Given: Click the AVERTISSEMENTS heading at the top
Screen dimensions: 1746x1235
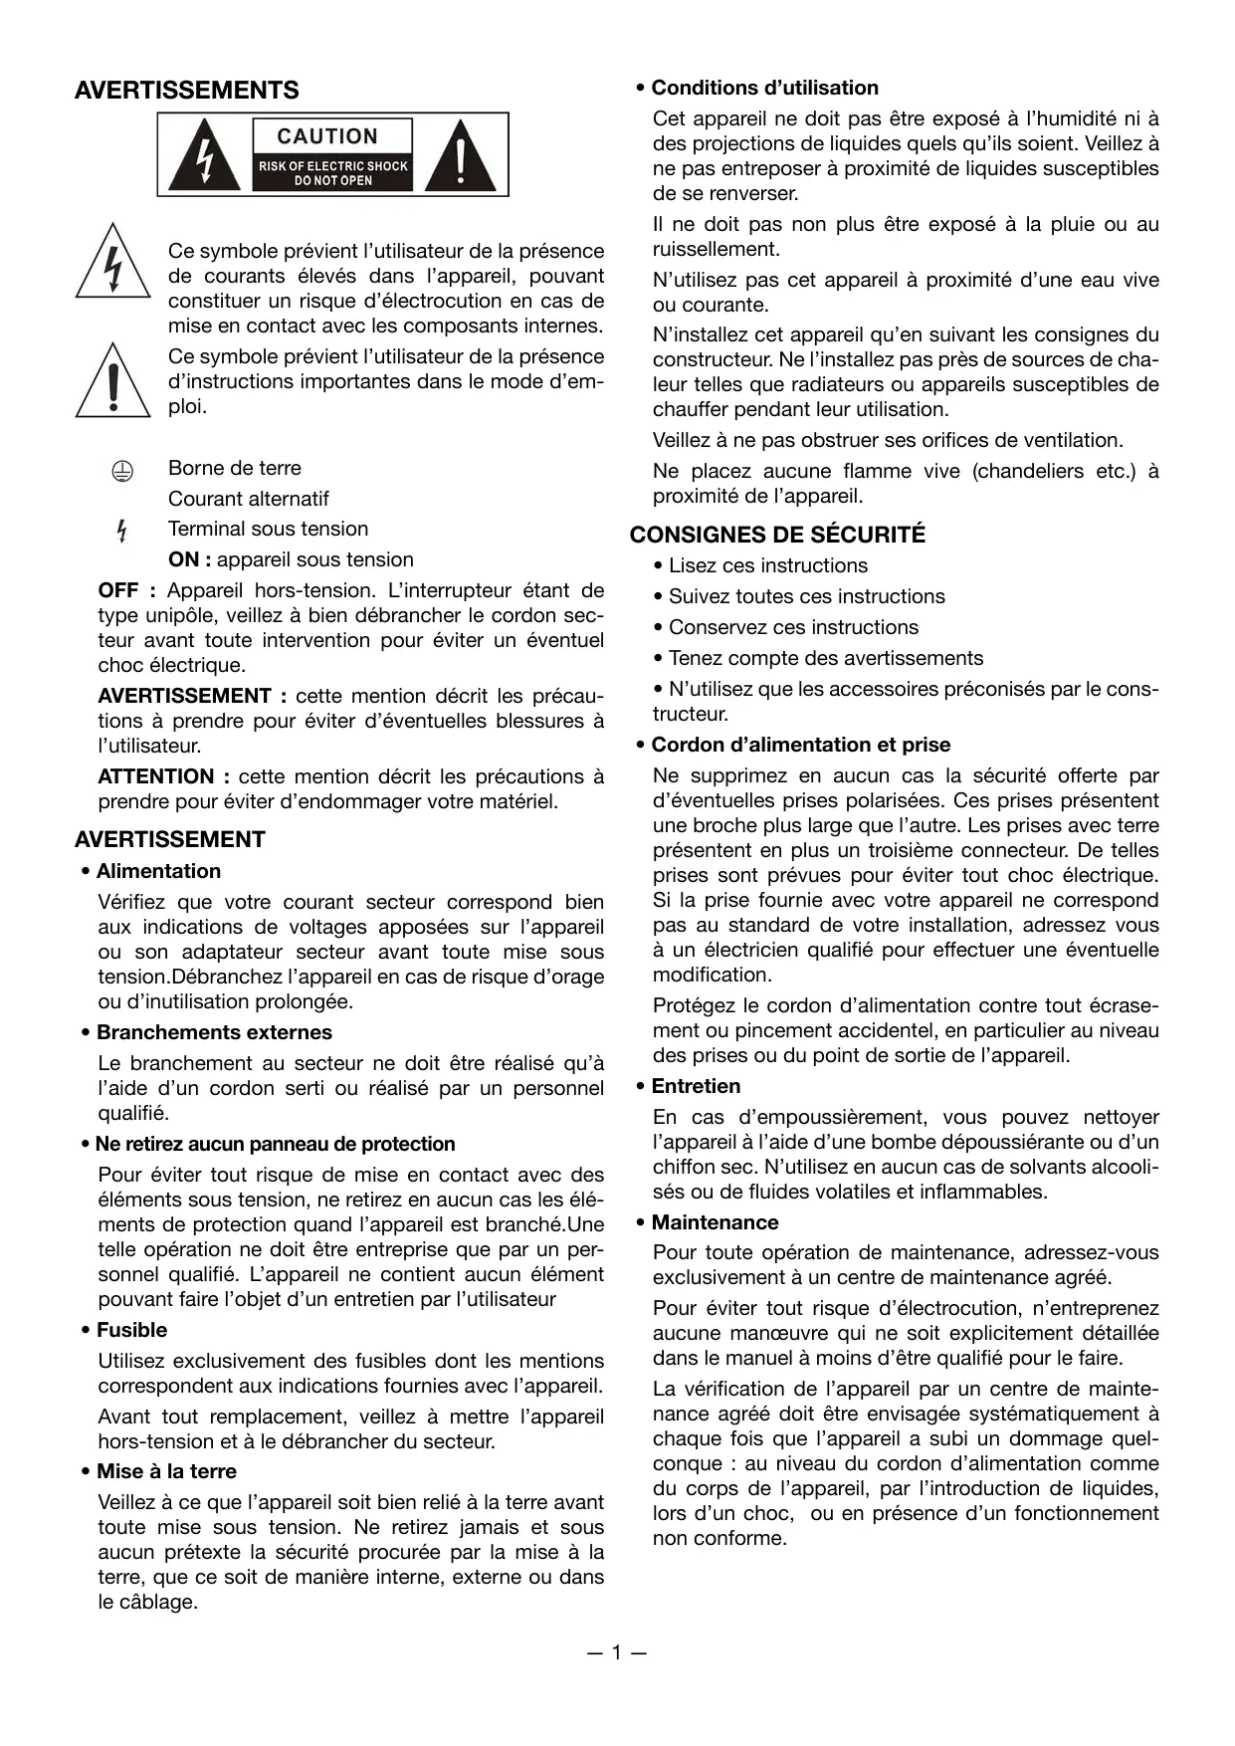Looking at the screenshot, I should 186,91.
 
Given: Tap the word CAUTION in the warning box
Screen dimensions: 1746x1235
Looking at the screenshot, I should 327,136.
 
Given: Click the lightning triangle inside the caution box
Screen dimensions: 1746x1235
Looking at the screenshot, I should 204,156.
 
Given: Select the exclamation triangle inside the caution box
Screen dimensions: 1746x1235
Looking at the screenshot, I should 460,156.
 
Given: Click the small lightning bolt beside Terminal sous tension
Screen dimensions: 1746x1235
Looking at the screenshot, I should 121,531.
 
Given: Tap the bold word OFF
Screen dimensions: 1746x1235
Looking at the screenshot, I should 118,590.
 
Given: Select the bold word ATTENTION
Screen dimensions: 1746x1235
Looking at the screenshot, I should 155,776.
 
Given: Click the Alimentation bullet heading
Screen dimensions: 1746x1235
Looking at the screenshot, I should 158,871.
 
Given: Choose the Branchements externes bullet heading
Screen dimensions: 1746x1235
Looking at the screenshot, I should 214,1032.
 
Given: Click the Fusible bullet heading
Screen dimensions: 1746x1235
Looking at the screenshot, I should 131,1330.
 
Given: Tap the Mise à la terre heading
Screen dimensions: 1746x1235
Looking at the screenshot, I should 166,1471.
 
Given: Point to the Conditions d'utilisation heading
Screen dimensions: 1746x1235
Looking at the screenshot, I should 764,88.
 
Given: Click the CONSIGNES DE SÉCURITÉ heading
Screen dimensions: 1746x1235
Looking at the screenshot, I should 777,535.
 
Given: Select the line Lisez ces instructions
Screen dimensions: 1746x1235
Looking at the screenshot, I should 767,565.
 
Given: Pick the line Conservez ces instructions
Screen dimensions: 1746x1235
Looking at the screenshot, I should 793,627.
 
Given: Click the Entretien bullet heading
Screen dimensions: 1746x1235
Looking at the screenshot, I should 696,1086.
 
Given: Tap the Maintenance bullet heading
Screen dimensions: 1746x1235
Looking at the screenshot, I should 715,1222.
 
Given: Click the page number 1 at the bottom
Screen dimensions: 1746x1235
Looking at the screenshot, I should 617,1653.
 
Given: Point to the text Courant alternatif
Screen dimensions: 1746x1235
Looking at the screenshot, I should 248,499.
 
